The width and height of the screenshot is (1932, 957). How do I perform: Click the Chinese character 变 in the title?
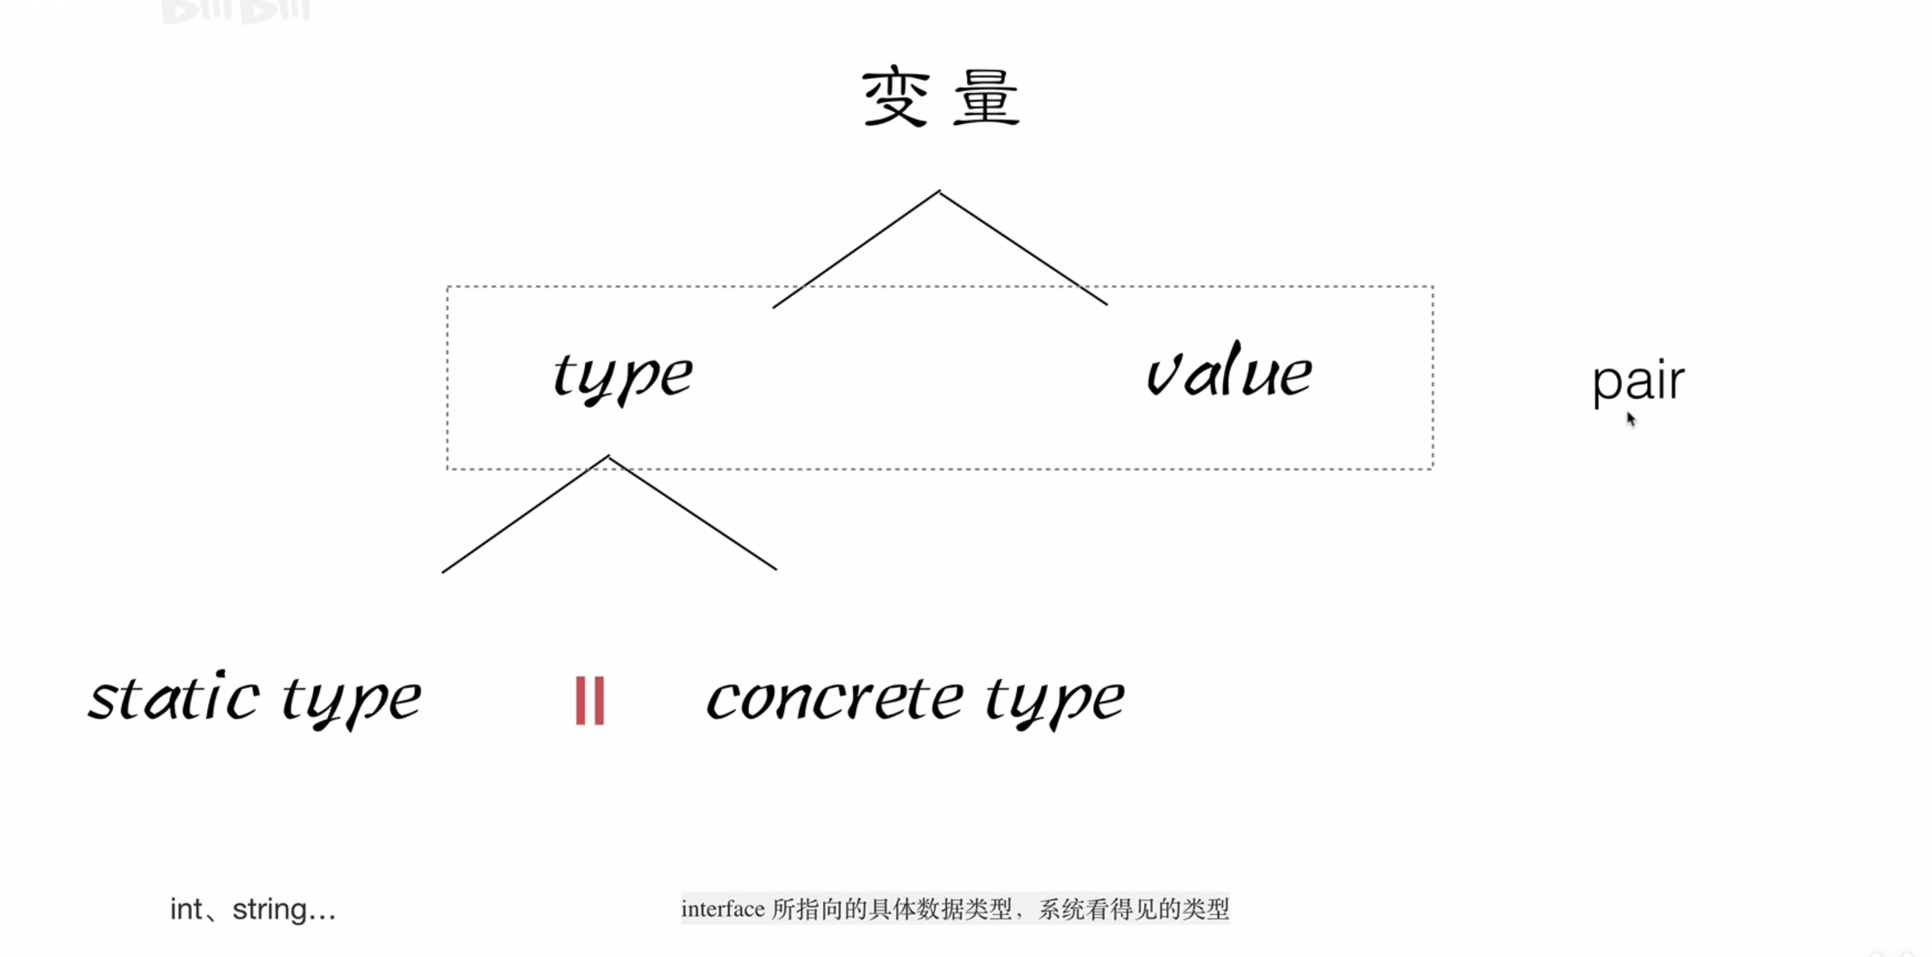pos(897,97)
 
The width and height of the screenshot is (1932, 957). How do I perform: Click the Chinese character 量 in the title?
pos(986,97)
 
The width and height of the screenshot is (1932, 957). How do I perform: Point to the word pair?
pos(1638,383)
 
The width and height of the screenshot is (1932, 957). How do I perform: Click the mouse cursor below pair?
pos(1631,419)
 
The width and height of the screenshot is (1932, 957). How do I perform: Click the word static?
pos(174,698)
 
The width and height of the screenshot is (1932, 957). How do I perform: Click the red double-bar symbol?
pos(589,701)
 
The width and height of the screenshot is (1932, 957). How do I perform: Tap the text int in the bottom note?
pos(185,909)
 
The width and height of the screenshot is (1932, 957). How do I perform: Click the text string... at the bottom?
pos(284,910)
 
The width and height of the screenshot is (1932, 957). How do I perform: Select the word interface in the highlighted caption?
pos(723,909)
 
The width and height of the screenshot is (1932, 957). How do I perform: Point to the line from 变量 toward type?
pos(855,250)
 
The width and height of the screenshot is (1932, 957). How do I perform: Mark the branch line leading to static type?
pos(525,515)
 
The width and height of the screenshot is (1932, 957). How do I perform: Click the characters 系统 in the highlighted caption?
pos(1061,909)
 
